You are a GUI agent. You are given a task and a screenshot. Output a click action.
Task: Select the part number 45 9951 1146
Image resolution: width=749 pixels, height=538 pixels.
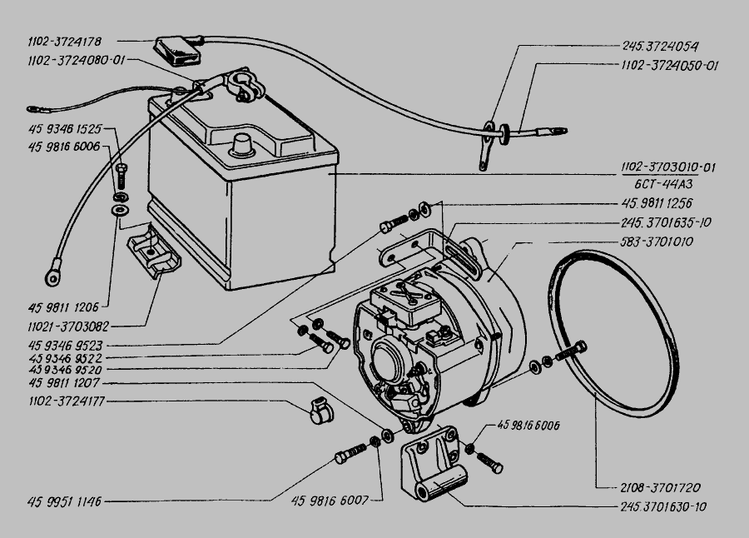(x=64, y=502)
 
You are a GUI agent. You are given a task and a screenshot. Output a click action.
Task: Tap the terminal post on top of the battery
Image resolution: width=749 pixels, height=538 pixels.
(x=242, y=144)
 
